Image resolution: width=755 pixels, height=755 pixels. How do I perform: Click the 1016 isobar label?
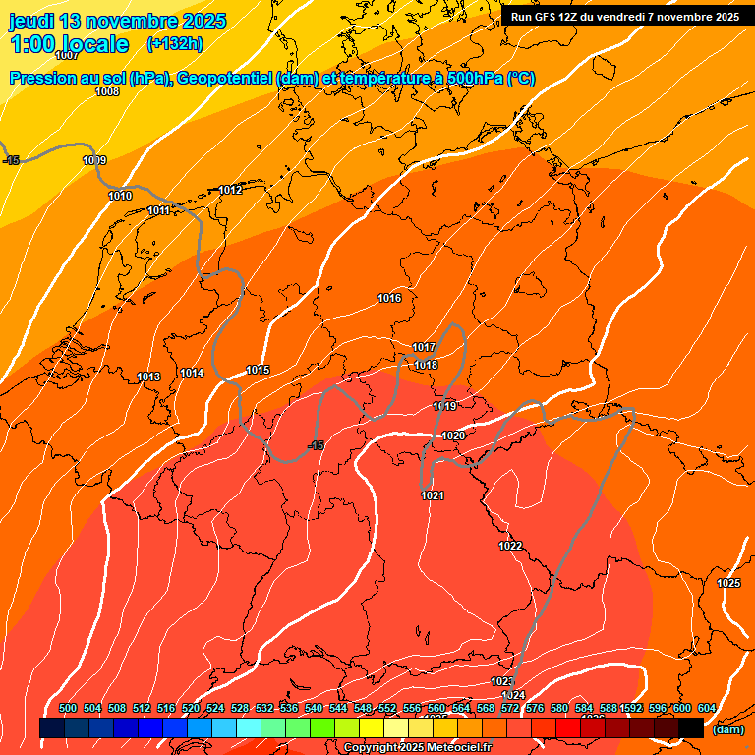389,298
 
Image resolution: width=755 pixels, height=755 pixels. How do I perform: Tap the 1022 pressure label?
510,546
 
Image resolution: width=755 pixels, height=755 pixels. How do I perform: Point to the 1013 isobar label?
148,377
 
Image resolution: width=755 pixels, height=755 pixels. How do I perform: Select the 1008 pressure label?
107,91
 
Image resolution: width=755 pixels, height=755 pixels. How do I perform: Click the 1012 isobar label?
231,190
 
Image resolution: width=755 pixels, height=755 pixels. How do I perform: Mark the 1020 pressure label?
453,436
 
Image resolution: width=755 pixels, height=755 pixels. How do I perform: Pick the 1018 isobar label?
426,365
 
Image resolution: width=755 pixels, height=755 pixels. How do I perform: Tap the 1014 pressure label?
192,373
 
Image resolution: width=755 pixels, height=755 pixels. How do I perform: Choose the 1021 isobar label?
433,495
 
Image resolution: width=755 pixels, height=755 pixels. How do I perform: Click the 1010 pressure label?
120,197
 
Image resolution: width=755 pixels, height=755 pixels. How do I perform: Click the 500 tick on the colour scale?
68,708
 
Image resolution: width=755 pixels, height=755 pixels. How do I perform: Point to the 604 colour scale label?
706,708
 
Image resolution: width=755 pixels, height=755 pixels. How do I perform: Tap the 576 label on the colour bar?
535,708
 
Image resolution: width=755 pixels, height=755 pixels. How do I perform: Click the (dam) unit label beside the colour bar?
727,729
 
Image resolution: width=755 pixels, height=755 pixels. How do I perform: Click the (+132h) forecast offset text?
174,44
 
